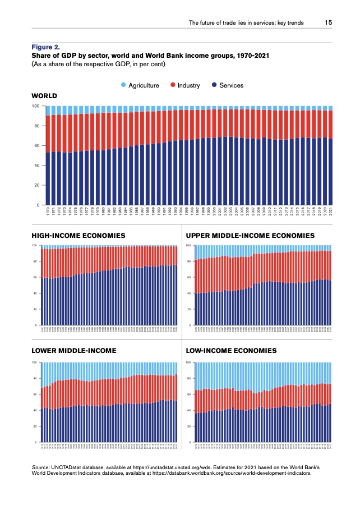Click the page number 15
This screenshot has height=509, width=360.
pyautogui.click(x=329, y=23)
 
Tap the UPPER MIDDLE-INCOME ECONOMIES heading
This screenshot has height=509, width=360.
pyautogui.click(x=258, y=235)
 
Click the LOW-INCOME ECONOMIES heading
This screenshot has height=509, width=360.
pyautogui.click(x=231, y=350)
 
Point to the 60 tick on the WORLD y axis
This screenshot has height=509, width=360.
pyautogui.click(x=36, y=146)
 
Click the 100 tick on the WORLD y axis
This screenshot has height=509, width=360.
pyautogui.click(x=35, y=106)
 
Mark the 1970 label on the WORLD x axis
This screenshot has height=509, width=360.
pyautogui.click(x=48, y=212)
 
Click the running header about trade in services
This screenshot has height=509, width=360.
pyautogui.click(x=246, y=23)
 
